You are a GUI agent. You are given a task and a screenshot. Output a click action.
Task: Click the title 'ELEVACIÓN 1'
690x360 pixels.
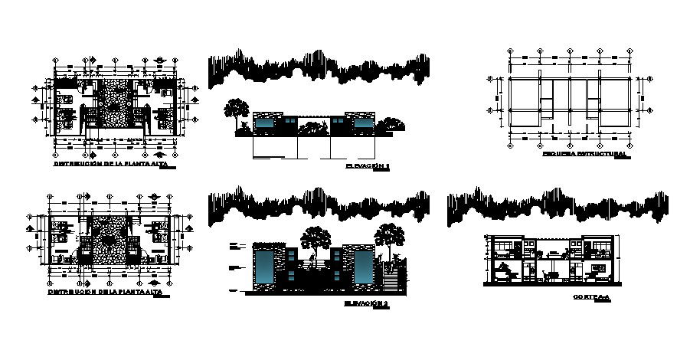367,165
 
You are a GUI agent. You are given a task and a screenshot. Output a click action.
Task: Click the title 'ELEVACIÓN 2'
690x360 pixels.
367,304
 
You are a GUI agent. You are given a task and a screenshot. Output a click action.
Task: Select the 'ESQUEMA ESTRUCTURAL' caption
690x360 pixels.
584,154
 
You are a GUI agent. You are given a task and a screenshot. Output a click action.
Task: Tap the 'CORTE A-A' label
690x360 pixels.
587,296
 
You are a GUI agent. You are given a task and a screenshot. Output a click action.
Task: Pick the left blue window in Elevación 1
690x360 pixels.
265,123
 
